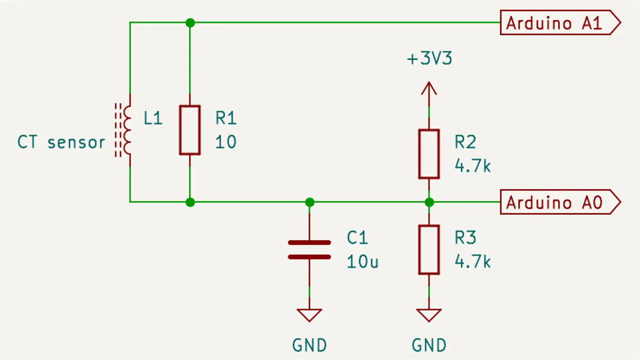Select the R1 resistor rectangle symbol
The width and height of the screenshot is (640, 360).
[190, 130]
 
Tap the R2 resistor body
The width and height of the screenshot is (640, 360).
[429, 154]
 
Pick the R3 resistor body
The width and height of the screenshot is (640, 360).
[429, 250]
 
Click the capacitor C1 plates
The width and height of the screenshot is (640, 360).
[309, 250]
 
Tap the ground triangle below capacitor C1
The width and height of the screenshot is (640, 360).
[309, 315]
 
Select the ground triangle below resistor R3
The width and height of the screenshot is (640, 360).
[429, 315]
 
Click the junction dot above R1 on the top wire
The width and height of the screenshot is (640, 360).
[190, 22]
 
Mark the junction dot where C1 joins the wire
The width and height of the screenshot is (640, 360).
[310, 202]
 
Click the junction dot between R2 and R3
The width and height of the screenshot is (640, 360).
[429, 202]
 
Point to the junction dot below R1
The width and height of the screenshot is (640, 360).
[190, 202]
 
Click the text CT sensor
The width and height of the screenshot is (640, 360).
[61, 142]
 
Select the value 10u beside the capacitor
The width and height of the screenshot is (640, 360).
[362, 261]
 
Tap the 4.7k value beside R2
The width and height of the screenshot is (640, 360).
[472, 166]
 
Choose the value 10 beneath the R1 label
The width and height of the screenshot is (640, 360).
[226, 142]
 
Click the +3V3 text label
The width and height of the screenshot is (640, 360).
[429, 58]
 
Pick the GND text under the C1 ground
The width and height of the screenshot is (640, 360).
[309, 345]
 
